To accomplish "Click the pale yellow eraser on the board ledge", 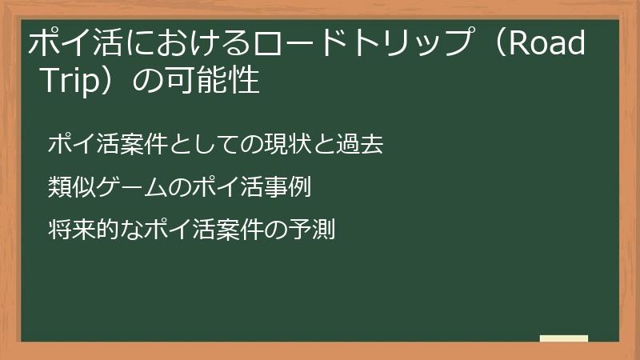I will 564,338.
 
